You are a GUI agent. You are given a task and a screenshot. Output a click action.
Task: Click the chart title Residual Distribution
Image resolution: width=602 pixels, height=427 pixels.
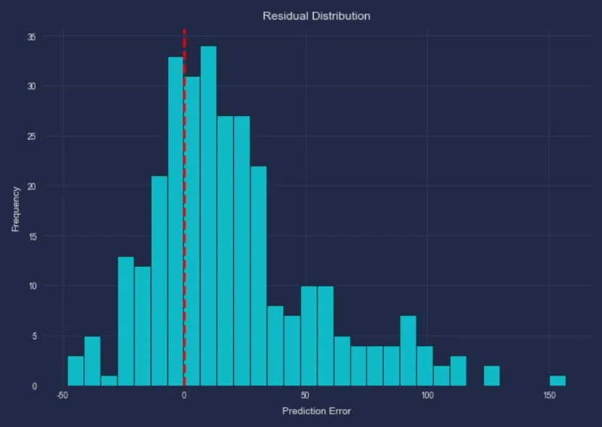[316, 15]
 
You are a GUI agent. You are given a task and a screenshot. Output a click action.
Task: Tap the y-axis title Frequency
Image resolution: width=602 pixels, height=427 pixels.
[15, 209]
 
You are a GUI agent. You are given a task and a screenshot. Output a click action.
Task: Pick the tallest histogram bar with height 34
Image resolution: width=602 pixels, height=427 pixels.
[209, 217]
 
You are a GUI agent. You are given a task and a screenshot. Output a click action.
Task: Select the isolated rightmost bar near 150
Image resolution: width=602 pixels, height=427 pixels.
[557, 381]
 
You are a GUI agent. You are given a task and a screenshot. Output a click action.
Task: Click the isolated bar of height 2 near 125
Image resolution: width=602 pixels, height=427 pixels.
[492, 376]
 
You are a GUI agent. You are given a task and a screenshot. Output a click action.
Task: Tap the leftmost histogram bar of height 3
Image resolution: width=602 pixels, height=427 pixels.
[75, 370]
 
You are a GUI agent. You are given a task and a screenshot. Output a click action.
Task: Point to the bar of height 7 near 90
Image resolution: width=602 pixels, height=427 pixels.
[408, 351]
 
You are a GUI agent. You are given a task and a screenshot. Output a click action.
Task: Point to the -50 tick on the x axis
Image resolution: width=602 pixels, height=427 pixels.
[62, 395]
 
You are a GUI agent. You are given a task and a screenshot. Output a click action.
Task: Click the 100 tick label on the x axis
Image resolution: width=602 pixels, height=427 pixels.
[427, 395]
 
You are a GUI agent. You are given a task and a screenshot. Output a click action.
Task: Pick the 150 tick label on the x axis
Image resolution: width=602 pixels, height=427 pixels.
[549, 395]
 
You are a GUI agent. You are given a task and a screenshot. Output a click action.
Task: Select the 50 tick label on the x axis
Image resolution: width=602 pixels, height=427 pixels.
[306, 395]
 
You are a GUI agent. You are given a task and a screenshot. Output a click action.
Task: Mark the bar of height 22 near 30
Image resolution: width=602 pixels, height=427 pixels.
[259, 276]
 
